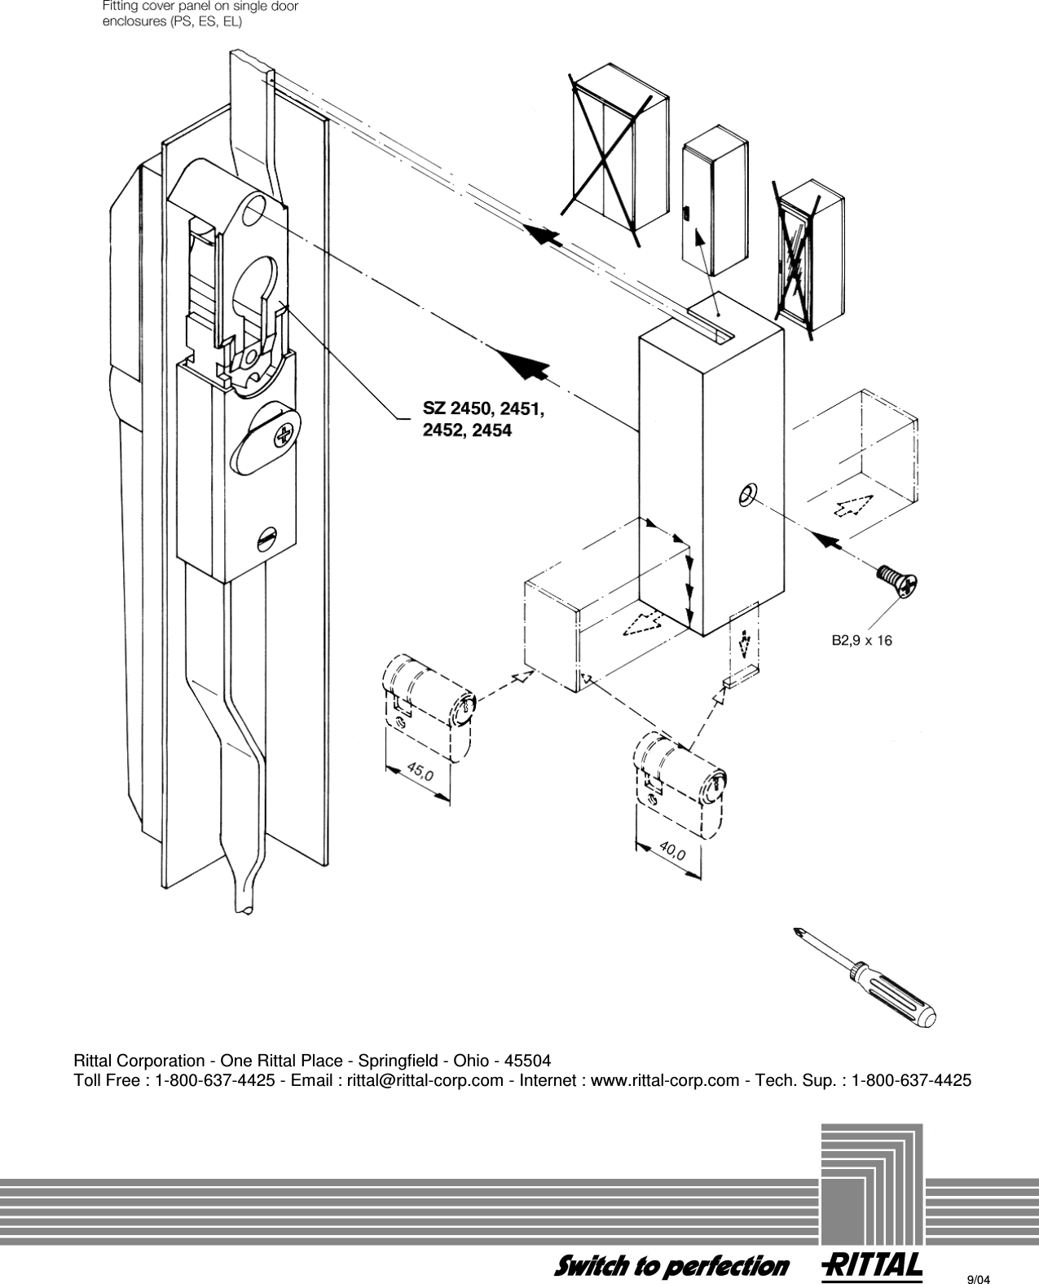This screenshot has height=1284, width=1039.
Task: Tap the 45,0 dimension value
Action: click(420, 771)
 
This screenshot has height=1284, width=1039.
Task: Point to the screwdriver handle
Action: click(896, 992)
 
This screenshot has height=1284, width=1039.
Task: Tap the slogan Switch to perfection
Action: click(671, 1265)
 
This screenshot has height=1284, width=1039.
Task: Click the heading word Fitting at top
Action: click(118, 7)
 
